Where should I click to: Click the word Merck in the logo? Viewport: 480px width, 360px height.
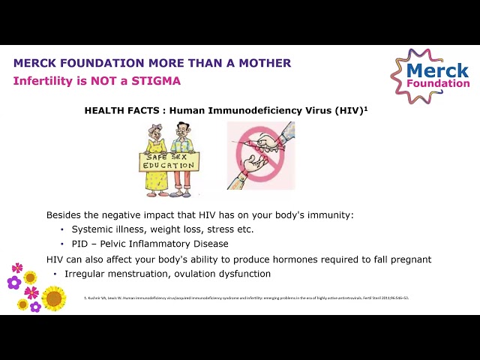(437, 71)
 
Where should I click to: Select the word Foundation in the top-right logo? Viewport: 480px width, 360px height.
(438, 83)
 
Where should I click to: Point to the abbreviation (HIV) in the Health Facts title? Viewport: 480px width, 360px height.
(348, 110)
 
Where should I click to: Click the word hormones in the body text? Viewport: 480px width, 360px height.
(298, 259)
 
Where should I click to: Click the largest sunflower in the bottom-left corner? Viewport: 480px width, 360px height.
(54, 298)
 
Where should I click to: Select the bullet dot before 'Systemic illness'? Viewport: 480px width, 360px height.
(61, 229)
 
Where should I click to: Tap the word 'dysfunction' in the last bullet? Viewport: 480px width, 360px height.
(243, 274)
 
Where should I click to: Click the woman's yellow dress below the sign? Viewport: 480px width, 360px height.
(156, 181)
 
